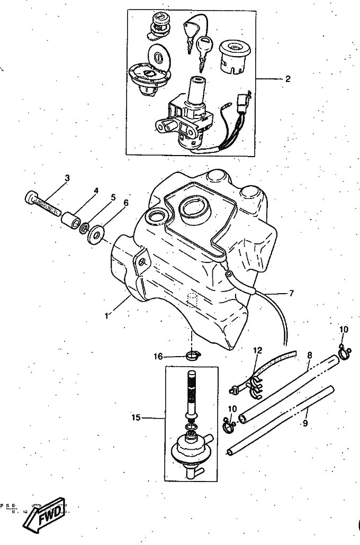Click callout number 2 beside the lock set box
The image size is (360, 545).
(288, 79)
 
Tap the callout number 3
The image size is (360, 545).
(67, 178)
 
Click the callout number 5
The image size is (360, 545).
(112, 197)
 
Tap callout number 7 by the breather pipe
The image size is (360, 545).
(291, 292)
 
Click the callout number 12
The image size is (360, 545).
(257, 350)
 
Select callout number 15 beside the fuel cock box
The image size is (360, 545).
(136, 418)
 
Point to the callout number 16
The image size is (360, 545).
(158, 356)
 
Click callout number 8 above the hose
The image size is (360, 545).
(309, 356)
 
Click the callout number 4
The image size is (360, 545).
(96, 190)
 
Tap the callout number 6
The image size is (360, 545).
(125, 203)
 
